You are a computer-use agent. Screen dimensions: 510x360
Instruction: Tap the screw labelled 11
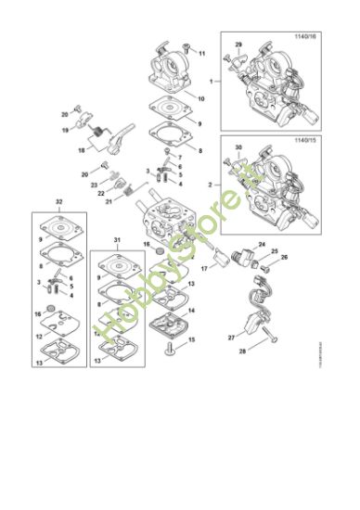[187, 45]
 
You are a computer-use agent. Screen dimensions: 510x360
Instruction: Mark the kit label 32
[59, 199]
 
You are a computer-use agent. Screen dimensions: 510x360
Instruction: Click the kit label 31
[117, 242]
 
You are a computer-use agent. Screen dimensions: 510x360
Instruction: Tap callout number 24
[262, 245]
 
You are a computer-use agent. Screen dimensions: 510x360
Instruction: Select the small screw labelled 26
[274, 258]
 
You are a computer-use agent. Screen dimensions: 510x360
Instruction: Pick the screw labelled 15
[173, 353]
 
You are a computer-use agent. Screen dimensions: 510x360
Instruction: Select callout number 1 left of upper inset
[212, 82]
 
